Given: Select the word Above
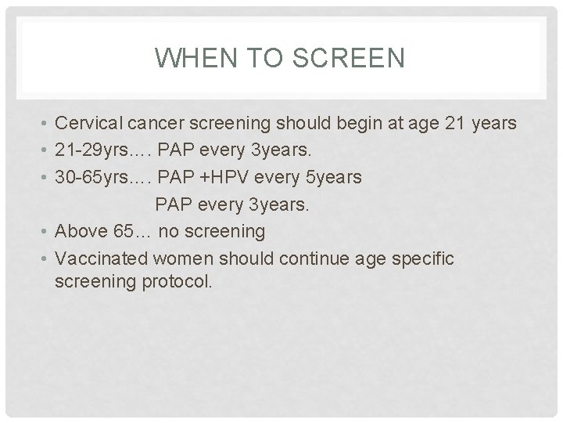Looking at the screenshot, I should tap(81, 232).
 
